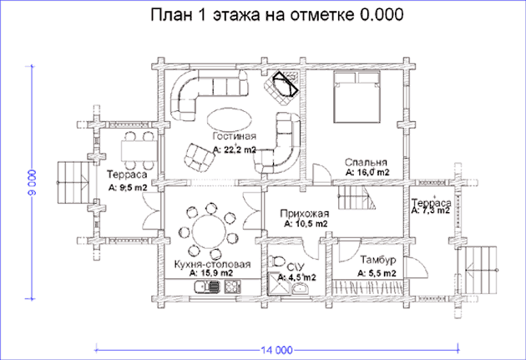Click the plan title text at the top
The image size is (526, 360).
(276, 15)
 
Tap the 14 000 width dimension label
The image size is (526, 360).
(276, 350)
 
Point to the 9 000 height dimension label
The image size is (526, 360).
(33, 182)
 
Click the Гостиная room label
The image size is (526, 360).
(235, 136)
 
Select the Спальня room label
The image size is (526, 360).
(366, 162)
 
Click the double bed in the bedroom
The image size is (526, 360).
(357, 97)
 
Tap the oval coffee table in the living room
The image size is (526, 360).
(229, 119)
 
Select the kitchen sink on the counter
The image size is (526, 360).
(207, 287)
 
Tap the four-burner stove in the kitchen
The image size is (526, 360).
(231, 286)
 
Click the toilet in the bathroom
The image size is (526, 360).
(277, 261)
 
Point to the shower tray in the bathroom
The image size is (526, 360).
(278, 284)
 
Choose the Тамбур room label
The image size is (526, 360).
(378, 260)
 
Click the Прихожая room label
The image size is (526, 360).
(305, 214)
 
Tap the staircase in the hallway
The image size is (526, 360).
(357, 198)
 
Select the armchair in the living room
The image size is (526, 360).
(200, 157)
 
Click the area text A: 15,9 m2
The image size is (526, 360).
(211, 273)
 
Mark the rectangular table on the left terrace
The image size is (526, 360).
(139, 151)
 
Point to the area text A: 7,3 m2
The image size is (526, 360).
(430, 210)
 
